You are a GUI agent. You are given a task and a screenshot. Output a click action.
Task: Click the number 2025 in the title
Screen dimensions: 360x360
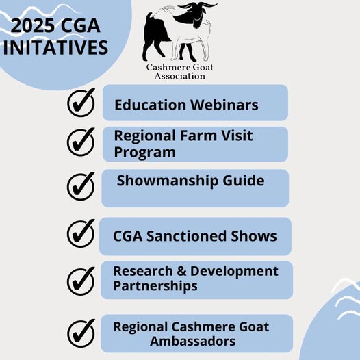click(33, 25)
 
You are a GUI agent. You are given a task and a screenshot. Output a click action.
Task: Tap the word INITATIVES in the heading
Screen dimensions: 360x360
click(55, 47)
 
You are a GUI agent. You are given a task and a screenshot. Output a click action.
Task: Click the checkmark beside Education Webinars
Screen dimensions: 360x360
click(81, 103)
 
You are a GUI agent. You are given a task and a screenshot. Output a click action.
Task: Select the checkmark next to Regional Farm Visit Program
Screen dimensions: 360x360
click(81, 142)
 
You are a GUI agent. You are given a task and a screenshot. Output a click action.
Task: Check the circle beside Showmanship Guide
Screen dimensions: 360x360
click(81, 186)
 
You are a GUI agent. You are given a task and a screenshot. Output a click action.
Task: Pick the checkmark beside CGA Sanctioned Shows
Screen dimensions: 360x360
click(81, 233)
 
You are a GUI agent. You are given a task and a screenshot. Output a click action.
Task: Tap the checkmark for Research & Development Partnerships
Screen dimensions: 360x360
click(81, 281)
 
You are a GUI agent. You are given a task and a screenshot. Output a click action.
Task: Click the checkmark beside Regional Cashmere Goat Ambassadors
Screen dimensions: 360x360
click(81, 333)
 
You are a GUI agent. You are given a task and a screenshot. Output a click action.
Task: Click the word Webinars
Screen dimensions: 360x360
click(224, 105)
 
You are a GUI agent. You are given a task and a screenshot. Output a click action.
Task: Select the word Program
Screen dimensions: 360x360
click(145, 152)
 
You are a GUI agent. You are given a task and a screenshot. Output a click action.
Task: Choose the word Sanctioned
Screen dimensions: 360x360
click(187, 236)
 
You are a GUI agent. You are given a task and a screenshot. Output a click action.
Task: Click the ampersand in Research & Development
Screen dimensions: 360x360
click(181, 271)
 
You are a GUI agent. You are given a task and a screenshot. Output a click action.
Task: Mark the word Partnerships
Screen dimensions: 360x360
click(155, 286)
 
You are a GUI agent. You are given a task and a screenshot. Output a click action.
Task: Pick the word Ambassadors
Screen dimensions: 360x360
click(192, 341)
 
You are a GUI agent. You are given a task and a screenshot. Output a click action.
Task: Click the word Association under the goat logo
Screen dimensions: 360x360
click(180, 76)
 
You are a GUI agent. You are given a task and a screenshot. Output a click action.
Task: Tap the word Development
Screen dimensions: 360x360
click(235, 272)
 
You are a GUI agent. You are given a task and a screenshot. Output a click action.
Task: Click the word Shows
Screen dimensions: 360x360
click(254, 236)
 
